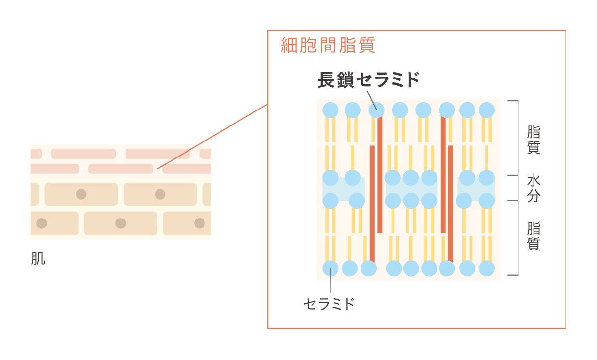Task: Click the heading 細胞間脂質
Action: pos(328,46)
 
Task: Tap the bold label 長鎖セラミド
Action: pos(368,80)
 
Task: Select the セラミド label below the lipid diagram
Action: pos(329,304)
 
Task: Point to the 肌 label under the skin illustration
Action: pos(38,259)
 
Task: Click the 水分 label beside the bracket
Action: pos(534,188)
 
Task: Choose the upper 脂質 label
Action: pos(534,140)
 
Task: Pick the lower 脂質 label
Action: pos(534,236)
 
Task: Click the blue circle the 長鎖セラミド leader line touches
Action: pos(377,110)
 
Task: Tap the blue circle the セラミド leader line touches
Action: pos(330,268)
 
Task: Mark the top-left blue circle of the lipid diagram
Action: pos(330,110)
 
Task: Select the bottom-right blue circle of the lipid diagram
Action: pos(487,268)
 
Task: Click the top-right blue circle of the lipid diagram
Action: pos(487,110)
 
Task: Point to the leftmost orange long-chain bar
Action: pos(372,203)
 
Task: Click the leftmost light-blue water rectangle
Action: pos(344,189)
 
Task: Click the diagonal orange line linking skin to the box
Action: pos(213,136)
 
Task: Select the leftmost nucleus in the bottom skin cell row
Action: pos(42,223)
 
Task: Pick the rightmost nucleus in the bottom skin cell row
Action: pos(200,223)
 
